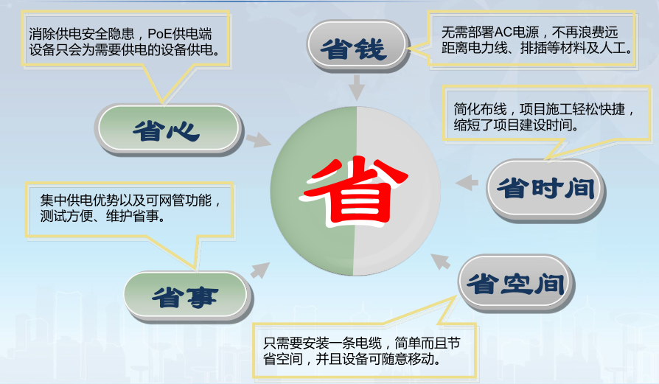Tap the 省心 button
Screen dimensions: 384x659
point(167,130)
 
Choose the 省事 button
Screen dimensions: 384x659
point(185,296)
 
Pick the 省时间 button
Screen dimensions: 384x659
point(545,189)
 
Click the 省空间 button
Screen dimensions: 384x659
point(515,283)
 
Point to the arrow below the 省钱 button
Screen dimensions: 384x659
point(357,89)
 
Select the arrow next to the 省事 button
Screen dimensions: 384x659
point(259,270)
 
